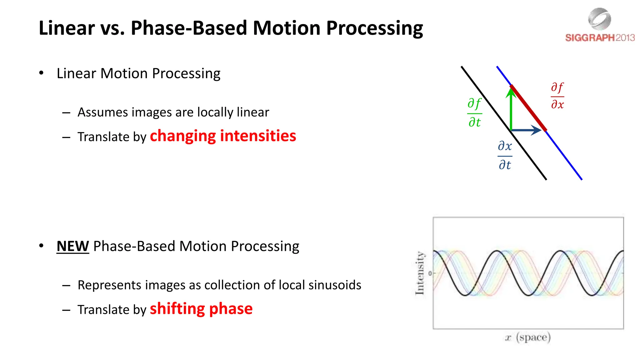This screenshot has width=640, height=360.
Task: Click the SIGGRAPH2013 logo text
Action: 599,38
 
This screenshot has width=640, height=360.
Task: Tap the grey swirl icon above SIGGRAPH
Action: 599,19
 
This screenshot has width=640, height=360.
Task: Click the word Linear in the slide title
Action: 67,28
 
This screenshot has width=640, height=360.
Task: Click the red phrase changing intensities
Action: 223,136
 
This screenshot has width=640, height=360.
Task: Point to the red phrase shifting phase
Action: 201,309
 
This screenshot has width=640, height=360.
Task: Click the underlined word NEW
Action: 72,246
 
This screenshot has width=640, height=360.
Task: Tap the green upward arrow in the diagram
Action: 511,109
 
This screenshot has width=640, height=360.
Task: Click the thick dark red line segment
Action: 528,108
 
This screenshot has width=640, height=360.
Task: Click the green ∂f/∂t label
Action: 474,112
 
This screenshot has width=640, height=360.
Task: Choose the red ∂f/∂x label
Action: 557,96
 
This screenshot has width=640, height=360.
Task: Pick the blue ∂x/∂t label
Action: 505,155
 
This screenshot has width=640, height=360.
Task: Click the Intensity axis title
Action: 420,273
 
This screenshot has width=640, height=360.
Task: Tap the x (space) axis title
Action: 528,337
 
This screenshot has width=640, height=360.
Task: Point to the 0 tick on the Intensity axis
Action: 430,273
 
